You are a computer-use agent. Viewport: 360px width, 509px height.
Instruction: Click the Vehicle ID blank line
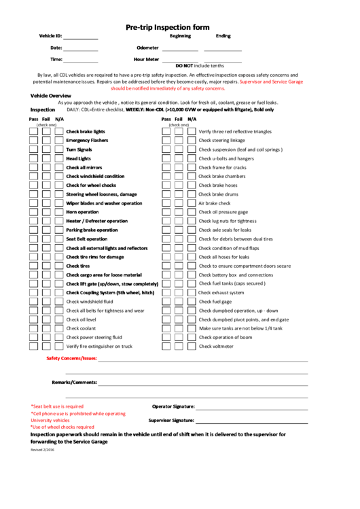click(81, 38)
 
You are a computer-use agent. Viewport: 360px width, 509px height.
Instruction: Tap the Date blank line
click(81, 50)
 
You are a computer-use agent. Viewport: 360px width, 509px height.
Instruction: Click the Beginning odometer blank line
click(180, 50)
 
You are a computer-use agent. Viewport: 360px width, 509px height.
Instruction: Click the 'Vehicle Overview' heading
click(51, 96)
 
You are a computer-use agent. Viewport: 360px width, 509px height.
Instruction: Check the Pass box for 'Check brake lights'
click(33, 131)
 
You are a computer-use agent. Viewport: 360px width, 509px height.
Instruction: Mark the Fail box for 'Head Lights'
click(46, 158)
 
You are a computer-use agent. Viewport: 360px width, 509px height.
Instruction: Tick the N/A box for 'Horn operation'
click(59, 212)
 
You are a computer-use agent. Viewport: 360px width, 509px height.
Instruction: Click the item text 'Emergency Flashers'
click(87, 140)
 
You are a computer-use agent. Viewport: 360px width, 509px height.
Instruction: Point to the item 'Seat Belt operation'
click(86, 239)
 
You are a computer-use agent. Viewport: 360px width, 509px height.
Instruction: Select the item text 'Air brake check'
click(214, 203)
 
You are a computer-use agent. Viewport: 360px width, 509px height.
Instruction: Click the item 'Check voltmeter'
click(215, 346)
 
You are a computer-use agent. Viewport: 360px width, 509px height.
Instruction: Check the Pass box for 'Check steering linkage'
click(166, 140)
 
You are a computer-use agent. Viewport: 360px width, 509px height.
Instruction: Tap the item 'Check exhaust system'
click(221, 292)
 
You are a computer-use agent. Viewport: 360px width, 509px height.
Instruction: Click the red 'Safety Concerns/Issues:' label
click(72, 358)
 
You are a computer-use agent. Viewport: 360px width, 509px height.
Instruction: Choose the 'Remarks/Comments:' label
click(75, 382)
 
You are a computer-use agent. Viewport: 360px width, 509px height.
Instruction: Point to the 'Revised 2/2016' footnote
click(42, 450)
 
